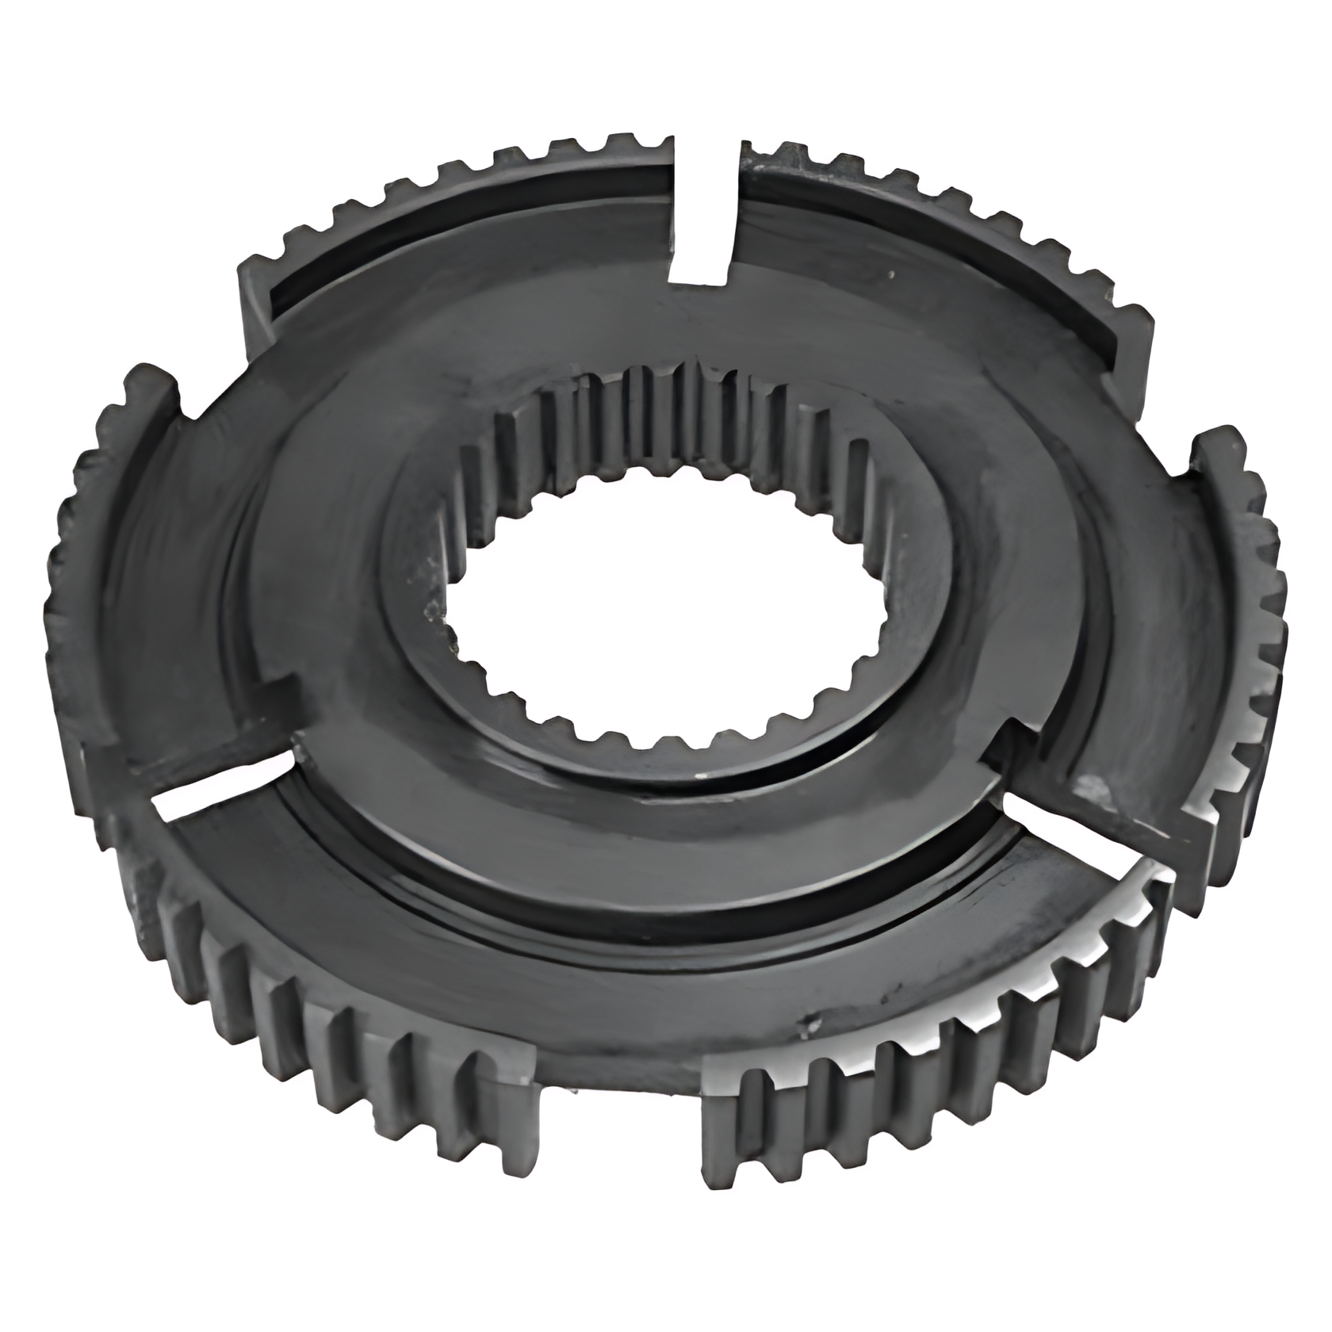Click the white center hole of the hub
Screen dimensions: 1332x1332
click(666, 603)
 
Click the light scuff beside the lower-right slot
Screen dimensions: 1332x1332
click(1098, 789)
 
